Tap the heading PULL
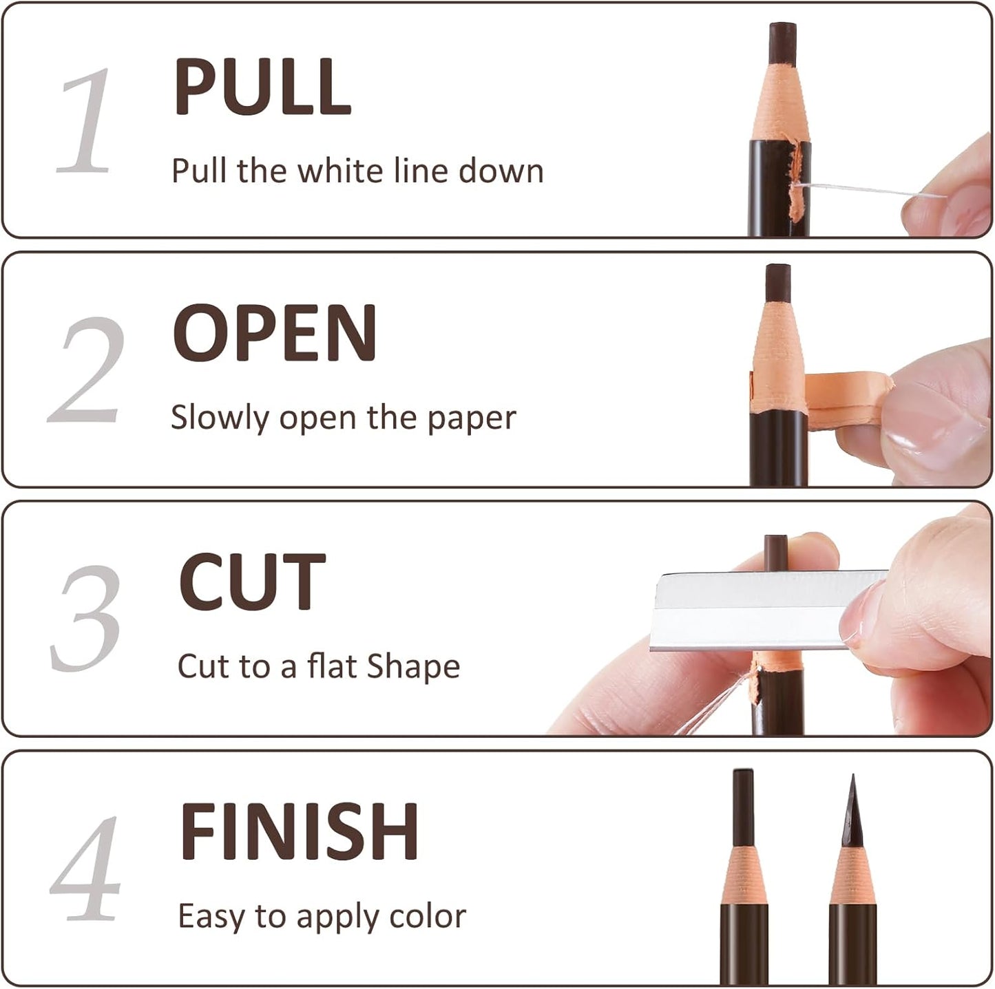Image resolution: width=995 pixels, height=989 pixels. click(262, 87)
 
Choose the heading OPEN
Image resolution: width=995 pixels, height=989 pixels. click(274, 333)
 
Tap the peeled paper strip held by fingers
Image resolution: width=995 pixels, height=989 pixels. click(847, 399)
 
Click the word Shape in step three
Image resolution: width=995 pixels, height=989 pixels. click(413, 666)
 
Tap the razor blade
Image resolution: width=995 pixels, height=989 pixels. click(751, 609)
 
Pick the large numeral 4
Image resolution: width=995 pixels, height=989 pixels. click(86, 869)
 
